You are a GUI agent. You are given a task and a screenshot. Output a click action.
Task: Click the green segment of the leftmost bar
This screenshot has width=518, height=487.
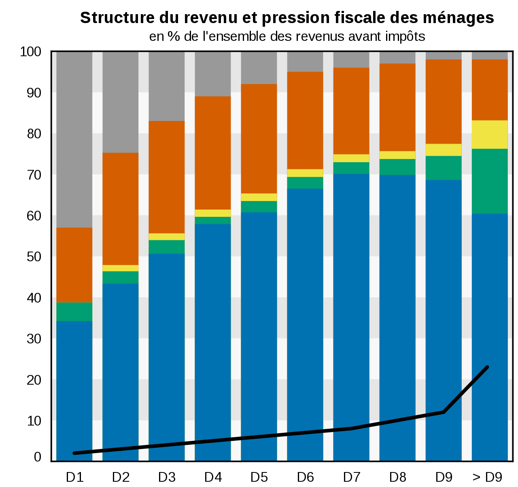click(x=74, y=311)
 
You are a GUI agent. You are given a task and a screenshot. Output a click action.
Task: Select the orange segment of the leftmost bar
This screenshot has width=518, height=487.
click(x=74, y=265)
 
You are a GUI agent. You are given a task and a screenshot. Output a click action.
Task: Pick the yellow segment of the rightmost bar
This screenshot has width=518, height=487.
click(x=490, y=134)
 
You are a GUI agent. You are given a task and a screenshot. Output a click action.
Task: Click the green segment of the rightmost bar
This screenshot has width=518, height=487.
click(x=490, y=181)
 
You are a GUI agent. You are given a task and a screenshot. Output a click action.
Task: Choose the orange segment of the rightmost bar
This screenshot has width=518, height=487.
click(x=490, y=90)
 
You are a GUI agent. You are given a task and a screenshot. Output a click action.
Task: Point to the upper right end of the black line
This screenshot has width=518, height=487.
click(x=487, y=367)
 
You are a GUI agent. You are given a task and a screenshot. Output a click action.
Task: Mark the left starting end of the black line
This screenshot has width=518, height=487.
click(x=74, y=453)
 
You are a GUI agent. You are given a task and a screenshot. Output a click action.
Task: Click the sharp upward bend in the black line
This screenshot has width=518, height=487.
click(x=444, y=412)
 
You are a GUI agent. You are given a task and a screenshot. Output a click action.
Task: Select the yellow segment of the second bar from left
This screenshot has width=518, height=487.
click(x=120, y=268)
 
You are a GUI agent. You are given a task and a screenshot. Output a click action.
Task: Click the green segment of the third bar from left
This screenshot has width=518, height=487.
click(x=166, y=247)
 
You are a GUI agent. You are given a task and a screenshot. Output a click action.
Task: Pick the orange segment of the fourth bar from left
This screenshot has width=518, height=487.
click(x=212, y=152)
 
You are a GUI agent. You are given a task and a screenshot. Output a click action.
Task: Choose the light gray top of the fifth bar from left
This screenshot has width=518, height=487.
click(x=259, y=68)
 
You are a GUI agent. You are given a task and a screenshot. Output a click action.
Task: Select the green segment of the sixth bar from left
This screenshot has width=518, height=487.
click(x=305, y=182)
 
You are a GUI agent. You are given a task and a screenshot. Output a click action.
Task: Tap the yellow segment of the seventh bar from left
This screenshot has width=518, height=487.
click(x=351, y=158)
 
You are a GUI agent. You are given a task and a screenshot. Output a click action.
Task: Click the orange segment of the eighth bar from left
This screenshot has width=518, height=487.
click(x=397, y=107)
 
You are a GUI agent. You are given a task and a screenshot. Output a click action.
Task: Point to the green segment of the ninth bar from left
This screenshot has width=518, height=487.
click(x=443, y=168)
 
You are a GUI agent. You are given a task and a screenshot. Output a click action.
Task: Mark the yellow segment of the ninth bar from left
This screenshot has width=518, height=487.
click(x=443, y=150)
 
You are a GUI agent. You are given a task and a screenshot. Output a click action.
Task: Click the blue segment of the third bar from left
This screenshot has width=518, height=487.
click(x=166, y=356)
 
